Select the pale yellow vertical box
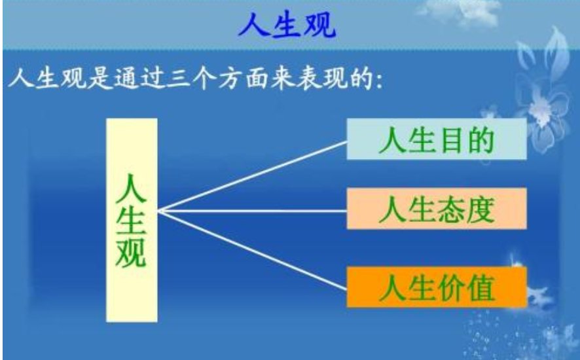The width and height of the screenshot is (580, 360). tap(132, 220)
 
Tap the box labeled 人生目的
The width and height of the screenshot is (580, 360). tap(436, 140)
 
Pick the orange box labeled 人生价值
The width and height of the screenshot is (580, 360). tap(436, 287)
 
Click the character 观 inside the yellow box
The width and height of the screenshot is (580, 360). tap(132, 251)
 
